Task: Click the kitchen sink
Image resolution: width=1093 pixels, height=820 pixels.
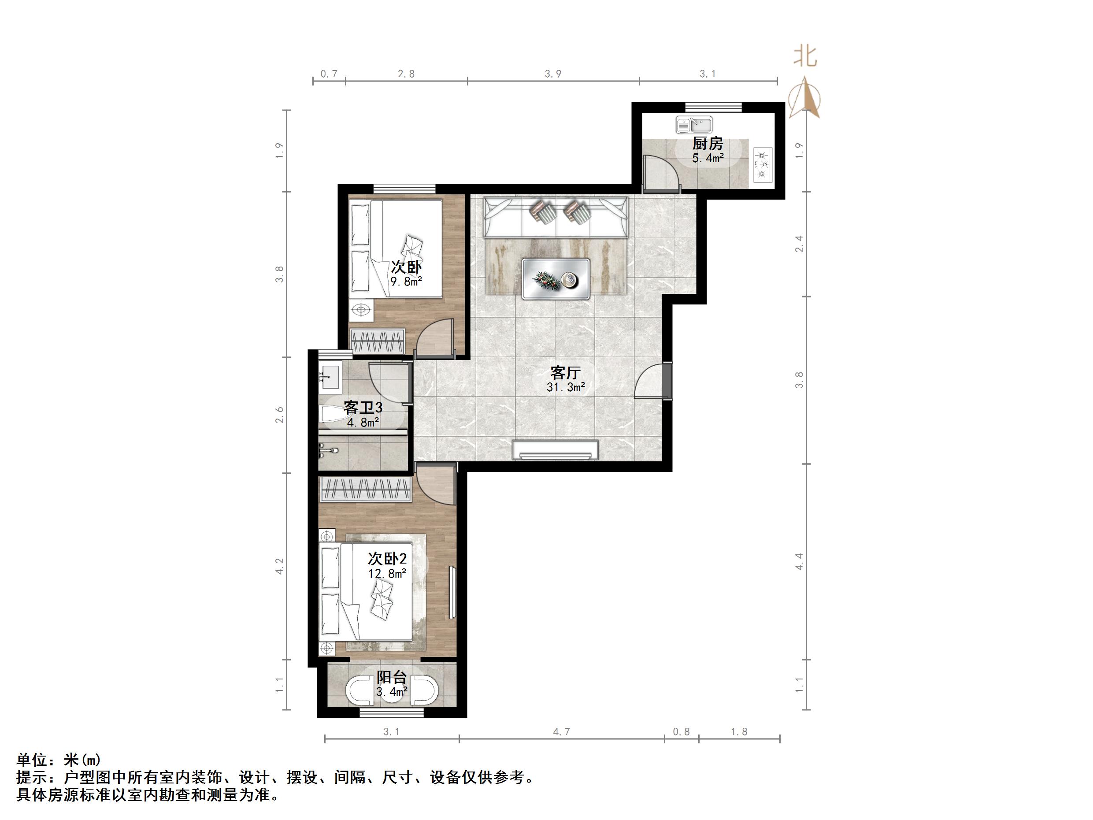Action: pos(694,125)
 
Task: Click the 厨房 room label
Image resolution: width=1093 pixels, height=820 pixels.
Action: pos(708,144)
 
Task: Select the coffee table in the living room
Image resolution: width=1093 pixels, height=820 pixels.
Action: pos(556,279)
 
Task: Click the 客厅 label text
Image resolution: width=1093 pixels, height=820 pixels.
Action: pos(565,372)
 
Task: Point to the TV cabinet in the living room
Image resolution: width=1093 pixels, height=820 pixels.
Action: pos(556,449)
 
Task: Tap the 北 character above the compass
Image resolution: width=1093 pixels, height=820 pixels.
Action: pos(805,57)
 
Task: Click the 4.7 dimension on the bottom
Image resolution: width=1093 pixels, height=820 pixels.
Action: pos(561,732)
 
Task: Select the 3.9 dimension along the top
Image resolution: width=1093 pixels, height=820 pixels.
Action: pos(553,74)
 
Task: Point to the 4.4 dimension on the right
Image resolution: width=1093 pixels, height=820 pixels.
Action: pos(799,561)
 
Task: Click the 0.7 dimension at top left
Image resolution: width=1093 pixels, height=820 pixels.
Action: pos(329,74)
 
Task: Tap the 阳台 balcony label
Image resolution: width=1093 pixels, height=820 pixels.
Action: pos(391,677)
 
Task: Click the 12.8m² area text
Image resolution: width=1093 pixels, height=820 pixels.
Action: pos(387,573)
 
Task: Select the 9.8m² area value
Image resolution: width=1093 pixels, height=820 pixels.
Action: pos(406,282)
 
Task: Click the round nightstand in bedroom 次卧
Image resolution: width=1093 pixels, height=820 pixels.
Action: pos(361,310)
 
